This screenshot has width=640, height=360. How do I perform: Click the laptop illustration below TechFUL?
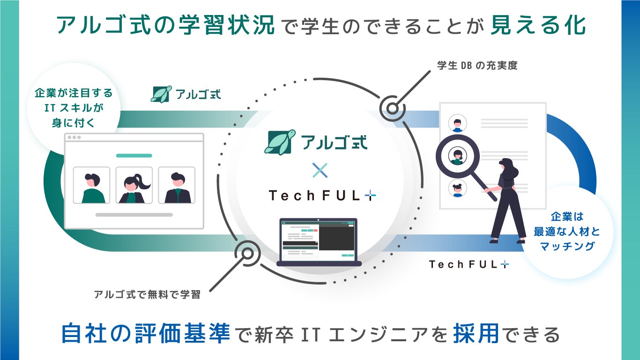tap(319, 242)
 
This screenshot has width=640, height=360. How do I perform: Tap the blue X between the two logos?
tap(320, 170)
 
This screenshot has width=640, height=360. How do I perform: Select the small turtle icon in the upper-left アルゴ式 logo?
tap(161, 93)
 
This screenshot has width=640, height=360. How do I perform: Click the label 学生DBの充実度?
tap(477, 66)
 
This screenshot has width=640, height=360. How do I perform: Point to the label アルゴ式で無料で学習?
tap(147, 294)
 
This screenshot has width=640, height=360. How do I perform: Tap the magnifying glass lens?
tap(457, 156)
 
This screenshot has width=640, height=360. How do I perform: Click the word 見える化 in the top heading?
tap(538, 26)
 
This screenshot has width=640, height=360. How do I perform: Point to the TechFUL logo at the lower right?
tap(469, 264)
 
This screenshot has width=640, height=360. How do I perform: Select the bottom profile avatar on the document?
tap(457, 188)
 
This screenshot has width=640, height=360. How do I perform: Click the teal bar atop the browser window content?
tap(134, 155)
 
